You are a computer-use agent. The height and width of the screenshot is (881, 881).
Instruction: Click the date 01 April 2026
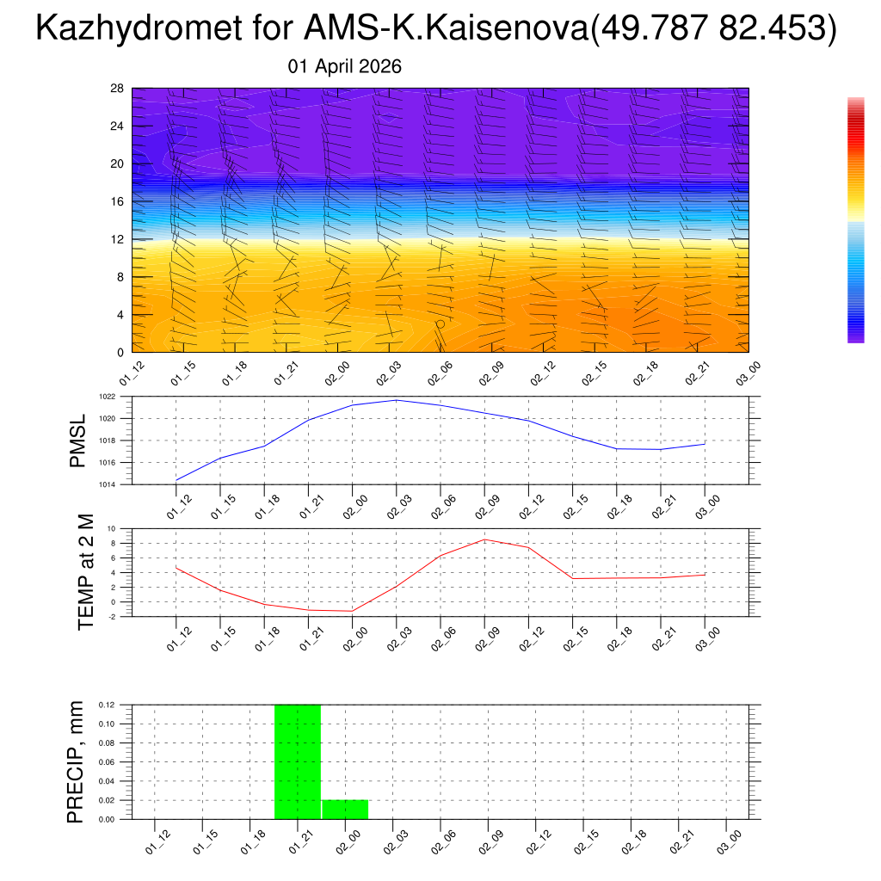pos(345,67)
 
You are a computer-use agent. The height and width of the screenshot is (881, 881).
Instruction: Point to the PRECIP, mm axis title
pos(77,761)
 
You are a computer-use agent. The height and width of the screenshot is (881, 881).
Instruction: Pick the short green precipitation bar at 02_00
pos(345,810)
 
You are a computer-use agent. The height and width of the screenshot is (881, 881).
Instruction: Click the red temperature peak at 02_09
pos(485,539)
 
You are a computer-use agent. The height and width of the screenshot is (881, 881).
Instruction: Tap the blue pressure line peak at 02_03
pos(397,400)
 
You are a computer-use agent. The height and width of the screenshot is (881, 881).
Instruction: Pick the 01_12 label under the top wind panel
pos(131,374)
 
